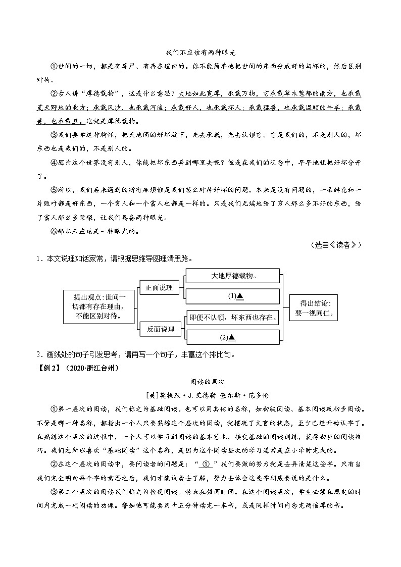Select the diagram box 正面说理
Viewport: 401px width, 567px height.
pos(159,288)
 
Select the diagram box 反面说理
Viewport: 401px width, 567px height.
pos(160,329)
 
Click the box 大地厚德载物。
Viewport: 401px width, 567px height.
pos(232,276)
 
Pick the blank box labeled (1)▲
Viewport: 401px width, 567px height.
pos(232,296)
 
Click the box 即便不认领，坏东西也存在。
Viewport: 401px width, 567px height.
pos(232,318)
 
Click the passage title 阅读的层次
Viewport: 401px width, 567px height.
pos(201,382)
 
